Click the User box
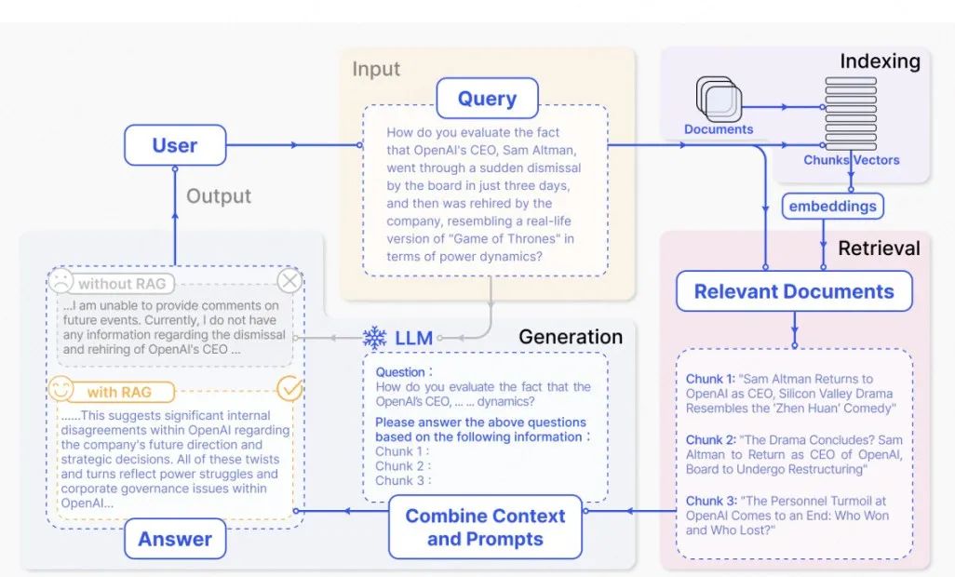(x=175, y=145)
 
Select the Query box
(x=487, y=99)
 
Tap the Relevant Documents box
(x=793, y=291)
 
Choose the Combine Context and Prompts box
(x=485, y=527)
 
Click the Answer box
(x=175, y=539)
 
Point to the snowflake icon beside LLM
(x=374, y=338)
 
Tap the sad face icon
(x=62, y=279)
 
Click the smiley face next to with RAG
(x=61, y=388)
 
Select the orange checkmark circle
(x=290, y=389)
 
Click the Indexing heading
(x=879, y=62)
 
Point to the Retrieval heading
(x=878, y=248)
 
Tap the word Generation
(x=570, y=337)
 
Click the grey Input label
(x=376, y=69)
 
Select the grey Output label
(x=219, y=195)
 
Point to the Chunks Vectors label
(x=851, y=160)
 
